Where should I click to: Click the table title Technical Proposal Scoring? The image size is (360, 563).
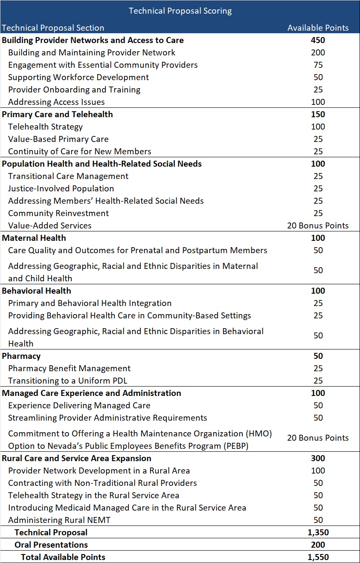[180, 11]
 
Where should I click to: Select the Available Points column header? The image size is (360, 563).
[318, 28]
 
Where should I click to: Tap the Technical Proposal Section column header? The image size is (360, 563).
[53, 28]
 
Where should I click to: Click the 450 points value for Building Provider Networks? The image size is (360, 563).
[318, 40]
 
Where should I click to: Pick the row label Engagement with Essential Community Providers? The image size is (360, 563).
[103, 65]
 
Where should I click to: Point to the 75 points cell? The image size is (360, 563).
[318, 65]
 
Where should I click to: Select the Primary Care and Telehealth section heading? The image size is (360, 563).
[58, 115]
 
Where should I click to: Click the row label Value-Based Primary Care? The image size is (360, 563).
[58, 139]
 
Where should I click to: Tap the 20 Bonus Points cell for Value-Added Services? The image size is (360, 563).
[318, 226]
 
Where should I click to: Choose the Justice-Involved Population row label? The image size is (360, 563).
[61, 189]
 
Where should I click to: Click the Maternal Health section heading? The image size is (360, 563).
[34, 238]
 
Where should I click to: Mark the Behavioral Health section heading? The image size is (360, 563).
[37, 291]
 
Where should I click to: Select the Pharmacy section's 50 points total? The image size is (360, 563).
[318, 356]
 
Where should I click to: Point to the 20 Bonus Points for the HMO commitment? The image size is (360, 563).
[318, 438]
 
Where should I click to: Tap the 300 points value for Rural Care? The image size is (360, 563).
[318, 459]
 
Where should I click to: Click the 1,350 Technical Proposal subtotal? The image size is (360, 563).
[318, 533]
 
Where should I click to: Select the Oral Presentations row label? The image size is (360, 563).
[51, 545]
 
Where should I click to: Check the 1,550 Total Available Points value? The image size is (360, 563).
[318, 557]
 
